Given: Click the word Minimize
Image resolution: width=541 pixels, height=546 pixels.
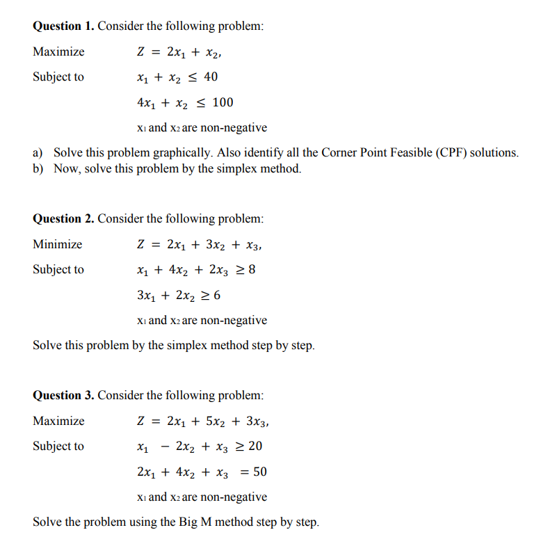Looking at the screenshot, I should [x=57, y=245].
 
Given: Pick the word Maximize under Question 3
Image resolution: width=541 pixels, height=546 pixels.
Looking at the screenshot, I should [x=58, y=421].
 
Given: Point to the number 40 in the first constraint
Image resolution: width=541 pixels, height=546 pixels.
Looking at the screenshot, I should [x=211, y=77].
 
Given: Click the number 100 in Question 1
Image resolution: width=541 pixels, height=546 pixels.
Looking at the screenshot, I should [x=223, y=103].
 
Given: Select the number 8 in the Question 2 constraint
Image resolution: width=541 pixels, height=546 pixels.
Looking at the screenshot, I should [x=251, y=270].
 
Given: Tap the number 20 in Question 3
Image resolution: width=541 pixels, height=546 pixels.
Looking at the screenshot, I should [x=255, y=447].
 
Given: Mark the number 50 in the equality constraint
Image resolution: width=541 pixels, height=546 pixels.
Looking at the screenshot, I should [x=259, y=472].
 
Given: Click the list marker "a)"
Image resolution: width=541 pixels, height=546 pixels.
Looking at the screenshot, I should [x=38, y=153].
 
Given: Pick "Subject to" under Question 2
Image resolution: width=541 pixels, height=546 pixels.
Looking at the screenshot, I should [x=58, y=270].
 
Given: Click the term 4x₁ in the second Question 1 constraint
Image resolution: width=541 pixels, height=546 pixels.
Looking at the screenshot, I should [x=146, y=104].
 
